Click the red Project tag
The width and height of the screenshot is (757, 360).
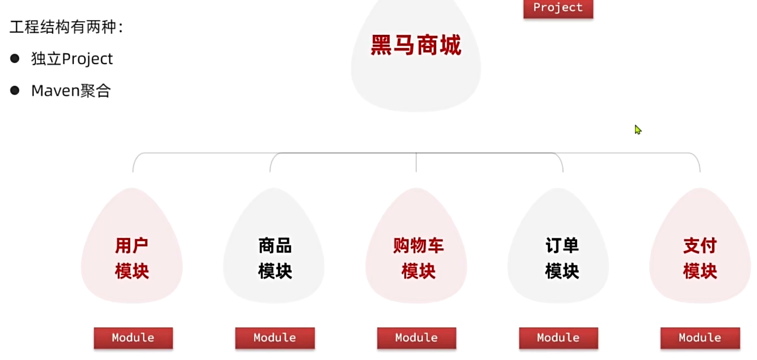[x=558, y=8]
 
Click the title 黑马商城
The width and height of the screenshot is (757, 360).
[x=416, y=45]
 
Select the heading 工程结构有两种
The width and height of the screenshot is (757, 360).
[x=66, y=27]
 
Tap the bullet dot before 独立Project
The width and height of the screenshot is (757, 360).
[x=15, y=58]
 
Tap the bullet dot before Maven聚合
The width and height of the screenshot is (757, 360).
[x=15, y=90]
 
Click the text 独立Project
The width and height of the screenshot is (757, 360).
[x=72, y=58]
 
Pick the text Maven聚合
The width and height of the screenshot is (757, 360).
[x=71, y=90]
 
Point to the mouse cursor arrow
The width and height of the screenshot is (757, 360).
[x=638, y=129]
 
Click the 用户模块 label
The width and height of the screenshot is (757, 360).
[x=132, y=258]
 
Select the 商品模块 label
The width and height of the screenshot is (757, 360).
[x=275, y=258]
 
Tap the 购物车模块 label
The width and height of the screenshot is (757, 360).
[x=418, y=258]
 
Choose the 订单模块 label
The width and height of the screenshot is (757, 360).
[x=562, y=258]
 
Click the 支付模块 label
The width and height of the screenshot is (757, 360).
[x=700, y=258]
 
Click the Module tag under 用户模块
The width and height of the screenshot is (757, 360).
[x=133, y=338]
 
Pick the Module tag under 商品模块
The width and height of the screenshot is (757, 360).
[x=275, y=338]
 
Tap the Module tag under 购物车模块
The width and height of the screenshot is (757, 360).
[x=416, y=338]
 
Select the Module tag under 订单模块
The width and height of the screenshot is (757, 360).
[x=558, y=338]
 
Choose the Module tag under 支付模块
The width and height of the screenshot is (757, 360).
[x=700, y=338]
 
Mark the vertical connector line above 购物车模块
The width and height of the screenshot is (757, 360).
[x=416, y=162]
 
